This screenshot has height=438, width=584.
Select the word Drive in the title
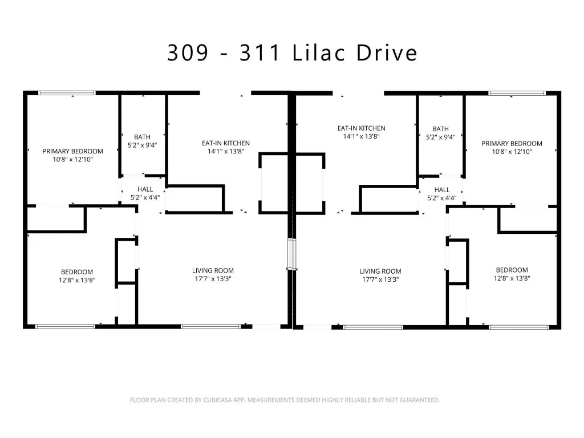387,52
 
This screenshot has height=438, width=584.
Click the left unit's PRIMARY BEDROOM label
72,151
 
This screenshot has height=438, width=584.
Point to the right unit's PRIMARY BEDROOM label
512,143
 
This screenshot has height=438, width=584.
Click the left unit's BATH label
142,137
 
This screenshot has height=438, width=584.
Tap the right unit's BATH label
441,129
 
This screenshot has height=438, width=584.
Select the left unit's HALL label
145,189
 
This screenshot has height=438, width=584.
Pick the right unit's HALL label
442,190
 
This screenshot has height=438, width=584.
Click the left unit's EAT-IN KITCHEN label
226,143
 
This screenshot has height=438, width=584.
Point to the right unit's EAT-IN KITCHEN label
361,128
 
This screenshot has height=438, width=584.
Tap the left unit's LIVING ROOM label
213,270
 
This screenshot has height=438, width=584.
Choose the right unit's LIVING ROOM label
380,271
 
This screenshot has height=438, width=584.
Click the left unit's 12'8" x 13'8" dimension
77,280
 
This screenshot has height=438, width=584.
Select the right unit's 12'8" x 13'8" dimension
512,278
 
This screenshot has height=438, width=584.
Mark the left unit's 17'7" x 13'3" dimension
213,278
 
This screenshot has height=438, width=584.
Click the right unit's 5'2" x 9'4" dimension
441,137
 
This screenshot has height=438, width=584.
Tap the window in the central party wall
292,254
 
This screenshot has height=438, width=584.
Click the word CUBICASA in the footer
217,400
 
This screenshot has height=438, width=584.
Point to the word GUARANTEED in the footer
419,400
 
